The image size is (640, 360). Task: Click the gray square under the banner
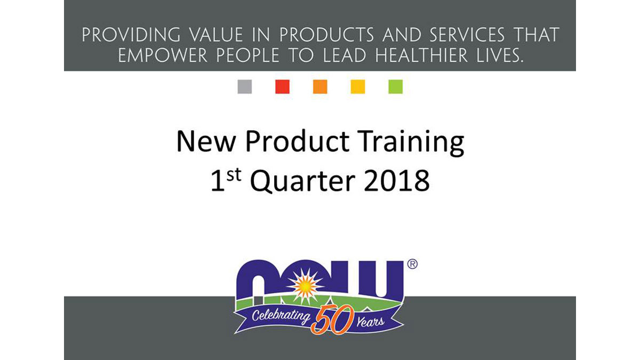(x=245, y=86)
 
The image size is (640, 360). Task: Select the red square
(x=282, y=86)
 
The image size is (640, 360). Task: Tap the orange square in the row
(x=320, y=86)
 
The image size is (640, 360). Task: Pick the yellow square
(x=358, y=86)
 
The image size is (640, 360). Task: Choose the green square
(x=395, y=86)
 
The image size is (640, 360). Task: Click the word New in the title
(x=206, y=141)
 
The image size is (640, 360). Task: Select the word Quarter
(x=302, y=181)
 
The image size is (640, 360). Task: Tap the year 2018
(x=397, y=181)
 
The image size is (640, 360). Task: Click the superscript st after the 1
(x=234, y=175)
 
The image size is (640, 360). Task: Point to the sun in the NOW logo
(x=305, y=286)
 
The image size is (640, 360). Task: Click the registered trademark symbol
(x=412, y=264)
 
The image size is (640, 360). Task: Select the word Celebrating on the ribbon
(x=281, y=316)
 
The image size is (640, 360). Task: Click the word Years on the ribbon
(x=370, y=322)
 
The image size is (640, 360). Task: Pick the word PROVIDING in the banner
(x=131, y=35)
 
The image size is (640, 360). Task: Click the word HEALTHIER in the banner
(x=421, y=55)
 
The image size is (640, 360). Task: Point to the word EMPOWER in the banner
(x=162, y=55)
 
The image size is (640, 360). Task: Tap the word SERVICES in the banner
(x=467, y=35)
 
